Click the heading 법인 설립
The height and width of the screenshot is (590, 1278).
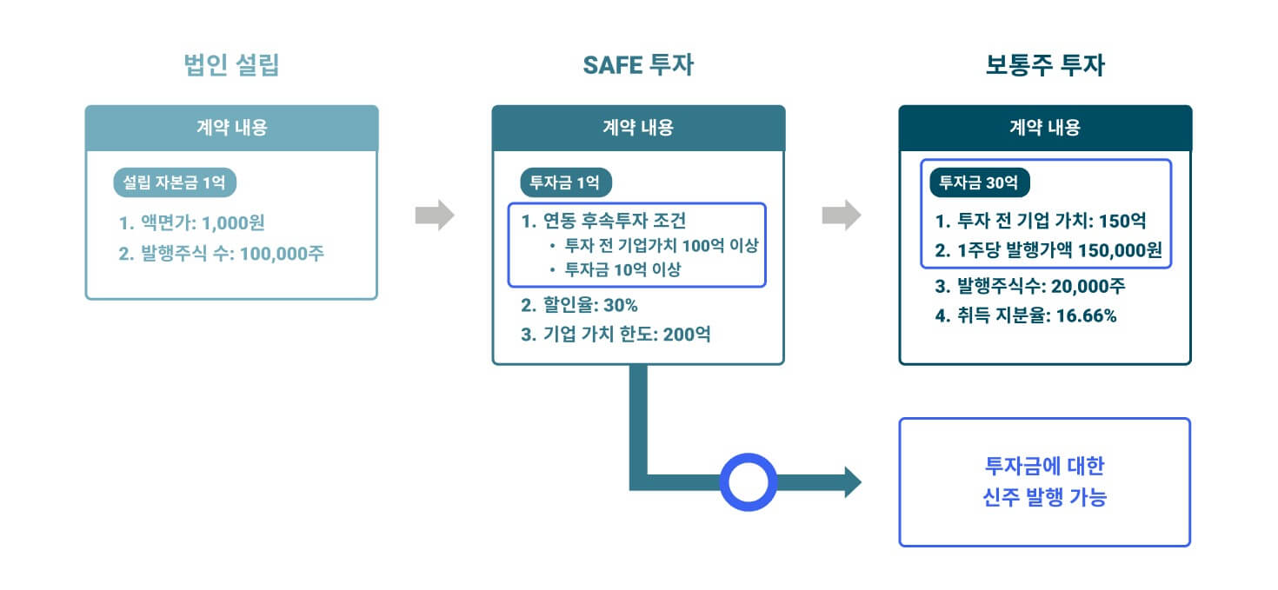(231, 66)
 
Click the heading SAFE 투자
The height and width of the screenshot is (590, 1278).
(638, 66)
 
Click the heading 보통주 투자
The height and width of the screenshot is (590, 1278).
(1045, 66)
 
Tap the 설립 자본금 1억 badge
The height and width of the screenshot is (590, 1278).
(175, 183)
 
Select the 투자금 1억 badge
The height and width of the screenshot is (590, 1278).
(566, 183)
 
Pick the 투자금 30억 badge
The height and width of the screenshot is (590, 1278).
(979, 183)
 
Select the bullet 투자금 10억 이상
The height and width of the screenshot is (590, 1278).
(615, 269)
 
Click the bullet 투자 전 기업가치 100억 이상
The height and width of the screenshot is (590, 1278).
(654, 245)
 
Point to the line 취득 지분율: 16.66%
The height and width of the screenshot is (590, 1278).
(1026, 315)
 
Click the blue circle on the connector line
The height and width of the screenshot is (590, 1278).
(748, 482)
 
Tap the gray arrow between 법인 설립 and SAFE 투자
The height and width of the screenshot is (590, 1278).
(435, 215)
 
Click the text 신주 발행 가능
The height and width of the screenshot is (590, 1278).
(1044, 499)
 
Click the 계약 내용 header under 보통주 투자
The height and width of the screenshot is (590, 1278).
(1045, 128)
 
